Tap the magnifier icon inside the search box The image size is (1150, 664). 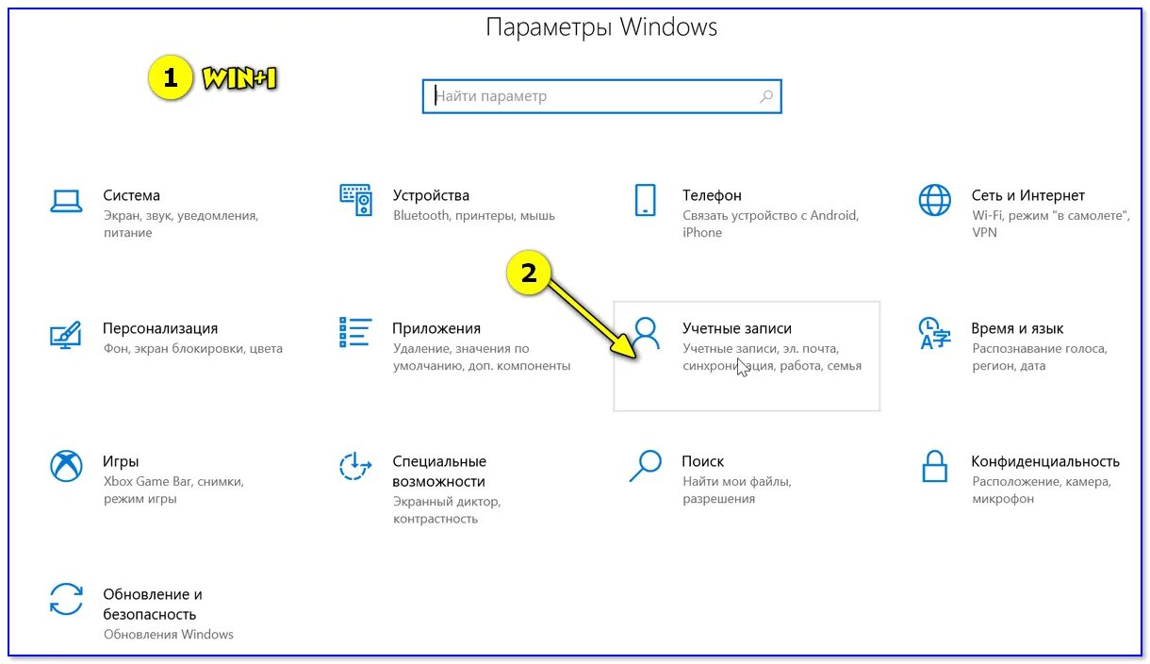(x=765, y=96)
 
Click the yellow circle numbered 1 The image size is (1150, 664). (x=170, y=79)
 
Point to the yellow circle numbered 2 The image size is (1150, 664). (x=529, y=274)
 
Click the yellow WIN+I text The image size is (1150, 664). (x=238, y=79)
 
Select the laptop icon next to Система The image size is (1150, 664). (x=66, y=201)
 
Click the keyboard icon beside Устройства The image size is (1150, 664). (x=355, y=200)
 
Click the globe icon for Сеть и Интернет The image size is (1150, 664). (x=934, y=201)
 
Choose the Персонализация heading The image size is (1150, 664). (x=160, y=328)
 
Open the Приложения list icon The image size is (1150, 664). (x=355, y=333)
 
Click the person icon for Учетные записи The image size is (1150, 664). (x=646, y=333)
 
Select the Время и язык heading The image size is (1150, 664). (x=1017, y=328)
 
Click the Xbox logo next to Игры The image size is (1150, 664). (x=66, y=466)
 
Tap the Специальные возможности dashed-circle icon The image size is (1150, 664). (x=355, y=466)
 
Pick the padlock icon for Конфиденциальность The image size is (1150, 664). (x=934, y=466)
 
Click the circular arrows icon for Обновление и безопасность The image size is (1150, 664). (x=66, y=600)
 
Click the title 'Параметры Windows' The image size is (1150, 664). (x=601, y=27)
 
